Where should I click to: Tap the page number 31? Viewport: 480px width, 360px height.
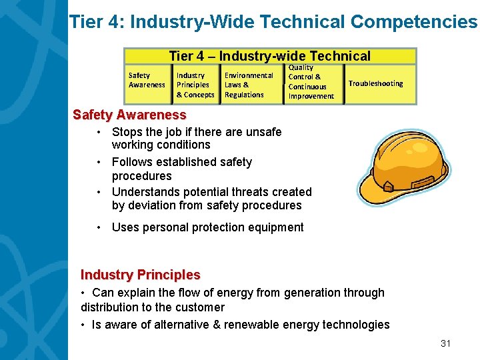(446, 343)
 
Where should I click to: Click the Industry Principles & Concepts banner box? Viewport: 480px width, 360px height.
(195, 85)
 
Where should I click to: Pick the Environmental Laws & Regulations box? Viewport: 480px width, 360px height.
(248, 85)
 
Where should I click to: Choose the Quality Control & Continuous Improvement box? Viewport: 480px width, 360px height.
(311, 83)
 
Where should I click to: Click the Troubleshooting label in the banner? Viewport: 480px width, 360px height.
(375, 83)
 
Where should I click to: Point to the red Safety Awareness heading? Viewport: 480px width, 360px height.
(129, 115)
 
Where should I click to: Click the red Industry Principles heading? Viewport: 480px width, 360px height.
(140, 275)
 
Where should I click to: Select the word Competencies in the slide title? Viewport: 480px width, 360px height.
(413, 22)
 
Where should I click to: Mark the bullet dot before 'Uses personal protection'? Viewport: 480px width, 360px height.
(98, 228)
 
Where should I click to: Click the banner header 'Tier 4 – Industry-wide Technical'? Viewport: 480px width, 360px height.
(269, 57)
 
